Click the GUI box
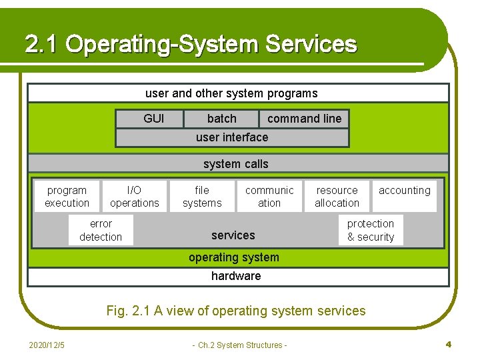[x=153, y=119]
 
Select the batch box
[x=221, y=119]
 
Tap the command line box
[x=304, y=119]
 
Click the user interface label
[x=232, y=137]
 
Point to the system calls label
[x=236, y=164]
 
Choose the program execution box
[x=67, y=197]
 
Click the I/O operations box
[x=135, y=197]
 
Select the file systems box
[x=202, y=197]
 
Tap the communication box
[x=269, y=197]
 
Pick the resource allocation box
[x=337, y=197]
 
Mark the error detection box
[x=101, y=230]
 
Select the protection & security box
[x=371, y=230]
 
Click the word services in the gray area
[x=233, y=235]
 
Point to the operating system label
[x=234, y=257]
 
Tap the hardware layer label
[x=236, y=276]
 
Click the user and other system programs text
[x=231, y=93]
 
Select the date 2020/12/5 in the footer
[x=47, y=345]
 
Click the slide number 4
[x=449, y=345]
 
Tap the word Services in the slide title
[x=311, y=45]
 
